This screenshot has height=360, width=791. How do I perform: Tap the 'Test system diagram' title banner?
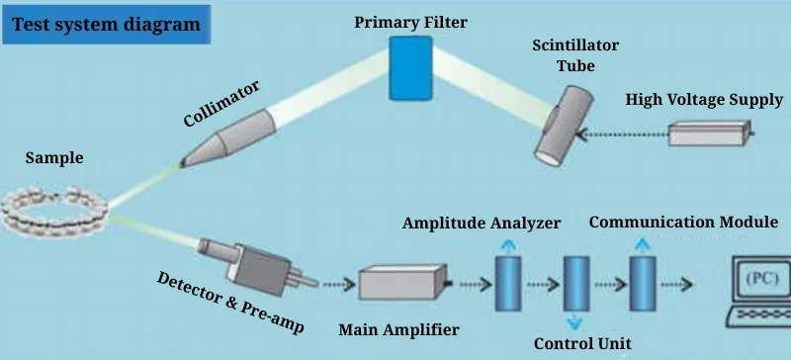click(107, 23)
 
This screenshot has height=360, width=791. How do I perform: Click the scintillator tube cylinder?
click(563, 123)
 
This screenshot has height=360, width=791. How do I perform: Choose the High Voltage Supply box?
click(713, 133)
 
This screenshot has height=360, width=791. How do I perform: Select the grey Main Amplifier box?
click(396, 284)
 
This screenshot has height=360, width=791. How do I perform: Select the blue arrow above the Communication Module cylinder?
click(642, 243)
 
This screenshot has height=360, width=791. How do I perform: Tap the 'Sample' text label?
click(54, 158)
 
